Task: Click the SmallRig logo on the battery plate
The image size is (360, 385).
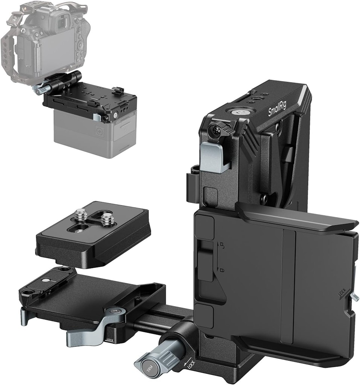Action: [277, 107]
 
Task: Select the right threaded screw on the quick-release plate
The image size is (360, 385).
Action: [107, 218]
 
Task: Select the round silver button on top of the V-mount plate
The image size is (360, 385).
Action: [238, 111]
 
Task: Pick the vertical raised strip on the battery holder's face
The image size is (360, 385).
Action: [287, 286]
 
